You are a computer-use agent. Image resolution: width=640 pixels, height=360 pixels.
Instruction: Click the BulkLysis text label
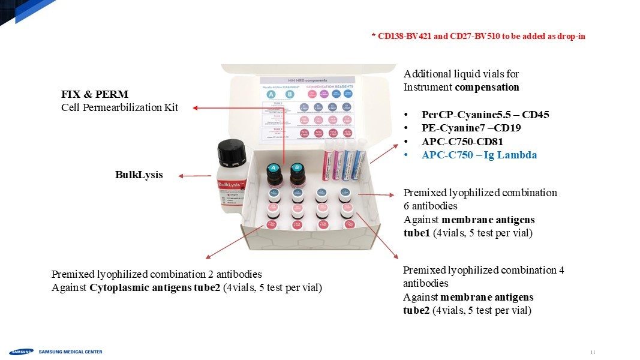tap(139, 175)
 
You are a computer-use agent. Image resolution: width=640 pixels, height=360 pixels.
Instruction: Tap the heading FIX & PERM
tap(95, 95)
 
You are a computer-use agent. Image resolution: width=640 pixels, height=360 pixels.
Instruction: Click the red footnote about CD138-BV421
tap(478, 37)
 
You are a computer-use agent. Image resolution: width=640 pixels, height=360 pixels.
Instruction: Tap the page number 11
tap(593, 352)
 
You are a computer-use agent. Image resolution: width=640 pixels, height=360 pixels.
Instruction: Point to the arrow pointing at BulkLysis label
tap(194, 176)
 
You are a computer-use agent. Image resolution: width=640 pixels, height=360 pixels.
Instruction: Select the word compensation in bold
tap(487, 87)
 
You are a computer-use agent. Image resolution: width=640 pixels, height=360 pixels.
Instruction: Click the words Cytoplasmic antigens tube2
tap(155, 287)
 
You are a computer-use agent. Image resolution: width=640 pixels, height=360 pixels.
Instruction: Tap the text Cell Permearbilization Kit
tap(119, 107)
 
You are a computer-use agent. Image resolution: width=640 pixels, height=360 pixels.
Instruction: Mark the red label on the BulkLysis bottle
tap(230, 186)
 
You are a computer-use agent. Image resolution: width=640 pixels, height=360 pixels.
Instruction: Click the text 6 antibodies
tap(431, 206)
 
